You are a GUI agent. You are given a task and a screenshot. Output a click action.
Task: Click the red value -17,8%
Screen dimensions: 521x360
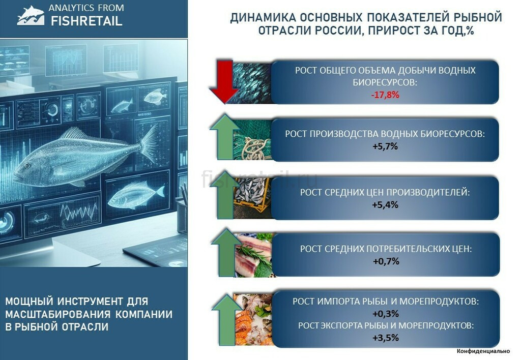pos(385,95)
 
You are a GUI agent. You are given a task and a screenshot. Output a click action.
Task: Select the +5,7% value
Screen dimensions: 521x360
pos(385,146)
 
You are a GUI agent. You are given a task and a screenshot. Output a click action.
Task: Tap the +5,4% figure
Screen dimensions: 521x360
pos(385,204)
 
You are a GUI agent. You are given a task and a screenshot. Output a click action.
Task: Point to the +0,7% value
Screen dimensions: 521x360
pos(386,261)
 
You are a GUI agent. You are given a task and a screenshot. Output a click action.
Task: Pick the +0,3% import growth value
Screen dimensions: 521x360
pos(386,314)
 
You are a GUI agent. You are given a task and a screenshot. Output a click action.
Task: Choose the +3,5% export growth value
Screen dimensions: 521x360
pos(386,338)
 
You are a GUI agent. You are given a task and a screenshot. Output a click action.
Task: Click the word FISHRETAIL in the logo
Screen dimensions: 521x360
pos(86,21)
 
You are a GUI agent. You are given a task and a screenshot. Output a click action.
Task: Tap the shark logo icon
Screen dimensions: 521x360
pos(31,15)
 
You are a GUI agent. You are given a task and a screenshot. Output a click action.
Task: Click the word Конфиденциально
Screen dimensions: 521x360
pos(483,351)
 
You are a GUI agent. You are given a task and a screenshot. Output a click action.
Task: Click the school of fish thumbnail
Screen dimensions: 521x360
pos(251,83)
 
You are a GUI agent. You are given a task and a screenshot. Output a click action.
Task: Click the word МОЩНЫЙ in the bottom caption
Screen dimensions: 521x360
pos(29,302)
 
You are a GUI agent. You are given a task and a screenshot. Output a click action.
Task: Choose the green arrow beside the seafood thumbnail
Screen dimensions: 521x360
pos(226,319)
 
